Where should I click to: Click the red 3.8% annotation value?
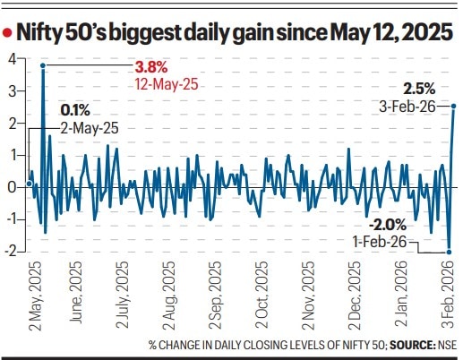coord(150,67)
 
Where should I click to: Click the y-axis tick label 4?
coord(12,59)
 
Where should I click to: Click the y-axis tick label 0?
coord(12,187)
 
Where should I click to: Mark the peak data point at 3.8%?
coord(42,65)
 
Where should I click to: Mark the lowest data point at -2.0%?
coord(448,252)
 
